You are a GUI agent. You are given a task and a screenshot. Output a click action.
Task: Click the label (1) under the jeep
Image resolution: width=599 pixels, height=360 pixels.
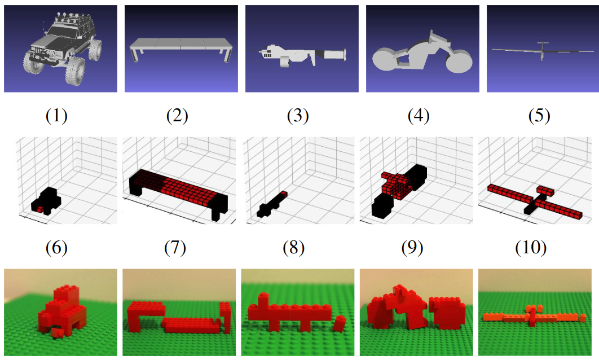pyautogui.click(x=56, y=116)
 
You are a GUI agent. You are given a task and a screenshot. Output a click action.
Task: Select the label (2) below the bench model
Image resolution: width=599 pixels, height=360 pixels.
pyautogui.click(x=177, y=116)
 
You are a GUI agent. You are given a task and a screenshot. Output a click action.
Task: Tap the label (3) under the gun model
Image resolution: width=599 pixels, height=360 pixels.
pyautogui.click(x=298, y=116)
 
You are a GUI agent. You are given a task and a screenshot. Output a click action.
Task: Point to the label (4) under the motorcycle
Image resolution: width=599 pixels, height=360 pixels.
pyautogui.click(x=419, y=116)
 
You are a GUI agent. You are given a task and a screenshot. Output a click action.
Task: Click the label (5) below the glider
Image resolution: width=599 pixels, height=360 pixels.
pyautogui.click(x=539, y=116)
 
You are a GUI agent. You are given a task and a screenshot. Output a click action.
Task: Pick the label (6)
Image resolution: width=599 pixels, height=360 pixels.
pyautogui.click(x=56, y=248)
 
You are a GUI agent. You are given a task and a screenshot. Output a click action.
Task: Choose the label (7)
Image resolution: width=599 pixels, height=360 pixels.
pyautogui.click(x=175, y=248)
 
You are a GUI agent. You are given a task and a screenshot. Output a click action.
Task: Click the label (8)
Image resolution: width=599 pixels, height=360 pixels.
pyautogui.click(x=294, y=248)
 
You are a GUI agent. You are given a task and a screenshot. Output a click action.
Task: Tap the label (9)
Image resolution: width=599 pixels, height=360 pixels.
pyautogui.click(x=412, y=248)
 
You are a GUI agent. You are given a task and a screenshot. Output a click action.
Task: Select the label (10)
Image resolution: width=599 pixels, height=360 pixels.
pyautogui.click(x=531, y=248)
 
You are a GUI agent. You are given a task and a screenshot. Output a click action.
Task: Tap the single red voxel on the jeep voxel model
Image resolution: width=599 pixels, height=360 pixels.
pyautogui.click(x=39, y=209)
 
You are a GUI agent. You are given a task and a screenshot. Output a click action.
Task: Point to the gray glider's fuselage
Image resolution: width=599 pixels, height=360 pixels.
pyautogui.click(x=541, y=51)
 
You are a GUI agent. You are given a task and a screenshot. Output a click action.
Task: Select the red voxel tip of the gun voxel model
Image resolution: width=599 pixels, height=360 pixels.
pyautogui.click(x=284, y=194)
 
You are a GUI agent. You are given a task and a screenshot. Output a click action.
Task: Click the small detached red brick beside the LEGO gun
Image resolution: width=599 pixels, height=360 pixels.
pyautogui.click(x=339, y=323)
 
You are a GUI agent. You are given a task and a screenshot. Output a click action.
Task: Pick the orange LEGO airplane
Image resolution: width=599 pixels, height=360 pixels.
pyautogui.click(x=534, y=317)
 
